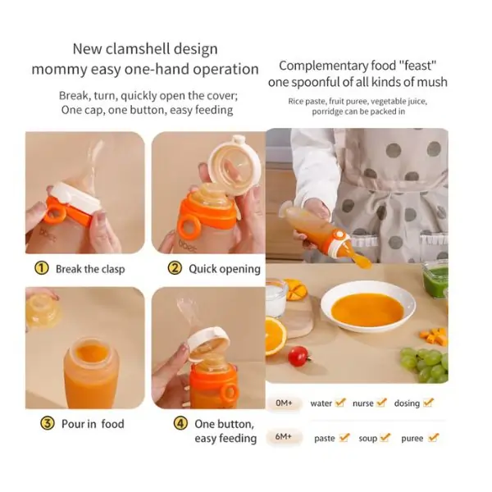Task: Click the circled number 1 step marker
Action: [x=42, y=268]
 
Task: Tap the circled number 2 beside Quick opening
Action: [x=175, y=268]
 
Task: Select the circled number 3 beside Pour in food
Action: [x=47, y=423]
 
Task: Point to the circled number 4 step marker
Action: [x=180, y=423]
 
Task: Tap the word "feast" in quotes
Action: [x=417, y=66]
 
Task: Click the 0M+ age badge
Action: [x=284, y=403]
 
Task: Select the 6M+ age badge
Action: [x=284, y=436]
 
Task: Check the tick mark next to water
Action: [x=340, y=403]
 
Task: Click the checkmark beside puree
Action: [x=434, y=437]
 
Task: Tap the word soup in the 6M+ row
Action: [x=367, y=438]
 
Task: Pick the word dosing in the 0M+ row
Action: [x=407, y=403]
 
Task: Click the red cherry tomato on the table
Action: [x=298, y=356]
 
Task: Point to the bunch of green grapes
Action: [x=425, y=365]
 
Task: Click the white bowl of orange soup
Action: [x=367, y=306]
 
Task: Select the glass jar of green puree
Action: [x=435, y=277]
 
